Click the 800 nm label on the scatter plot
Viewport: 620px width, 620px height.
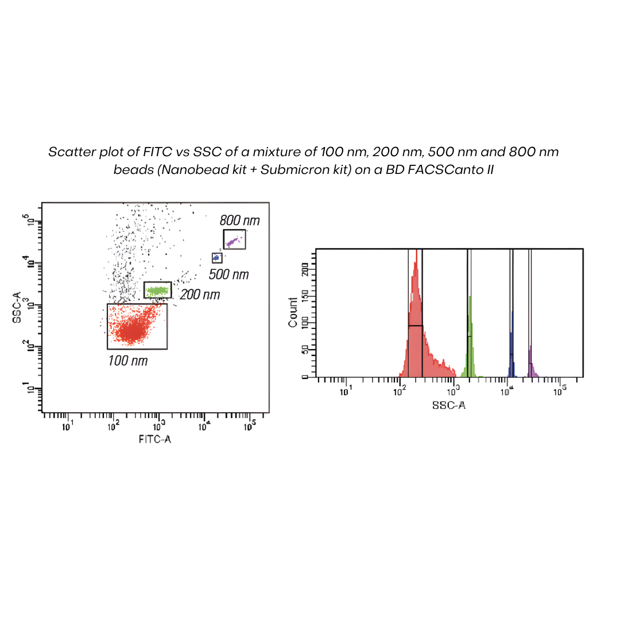(x=239, y=220)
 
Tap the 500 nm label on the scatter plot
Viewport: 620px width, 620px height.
(x=228, y=274)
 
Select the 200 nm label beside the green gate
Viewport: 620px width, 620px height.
(x=200, y=295)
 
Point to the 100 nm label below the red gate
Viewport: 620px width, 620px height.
(x=128, y=361)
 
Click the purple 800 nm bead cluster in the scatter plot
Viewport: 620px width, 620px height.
(x=232, y=242)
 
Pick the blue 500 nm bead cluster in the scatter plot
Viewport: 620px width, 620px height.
(x=216, y=258)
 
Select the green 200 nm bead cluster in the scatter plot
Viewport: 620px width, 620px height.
(x=157, y=290)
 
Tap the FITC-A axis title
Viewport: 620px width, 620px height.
(x=155, y=439)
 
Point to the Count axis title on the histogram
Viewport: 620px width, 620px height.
(x=293, y=312)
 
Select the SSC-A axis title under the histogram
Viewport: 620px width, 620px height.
(x=448, y=405)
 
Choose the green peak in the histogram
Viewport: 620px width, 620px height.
(x=470, y=339)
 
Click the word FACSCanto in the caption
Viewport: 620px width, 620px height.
(x=446, y=170)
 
